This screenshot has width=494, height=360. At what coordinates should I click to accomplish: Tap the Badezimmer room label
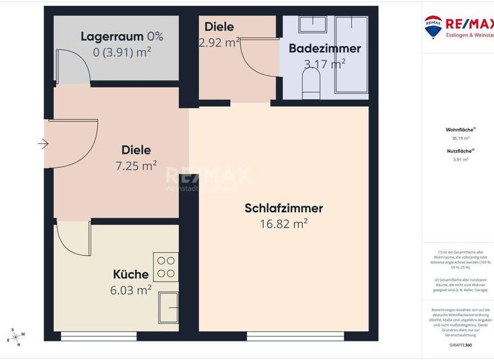point(324,48)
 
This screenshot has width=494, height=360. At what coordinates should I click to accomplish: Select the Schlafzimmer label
point(283,208)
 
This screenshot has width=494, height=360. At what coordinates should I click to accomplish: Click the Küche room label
point(131,274)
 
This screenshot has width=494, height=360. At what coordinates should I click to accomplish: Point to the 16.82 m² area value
point(283,224)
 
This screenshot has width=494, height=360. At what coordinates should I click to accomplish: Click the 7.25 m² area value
point(136,166)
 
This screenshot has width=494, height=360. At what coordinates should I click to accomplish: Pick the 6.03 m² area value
point(131,290)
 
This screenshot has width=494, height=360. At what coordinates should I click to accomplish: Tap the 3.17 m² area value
point(324,63)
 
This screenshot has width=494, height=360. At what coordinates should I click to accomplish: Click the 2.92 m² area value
point(219,42)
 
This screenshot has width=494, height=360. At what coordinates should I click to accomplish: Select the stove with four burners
point(165,267)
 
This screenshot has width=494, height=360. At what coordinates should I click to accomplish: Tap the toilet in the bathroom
point(311,84)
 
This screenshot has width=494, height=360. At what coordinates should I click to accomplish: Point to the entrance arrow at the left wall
point(43,143)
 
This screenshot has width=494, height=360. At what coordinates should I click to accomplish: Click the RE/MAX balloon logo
point(433,26)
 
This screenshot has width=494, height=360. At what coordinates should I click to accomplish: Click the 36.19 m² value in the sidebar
point(460,138)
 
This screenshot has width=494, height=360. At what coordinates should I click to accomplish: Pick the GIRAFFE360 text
point(460,345)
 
